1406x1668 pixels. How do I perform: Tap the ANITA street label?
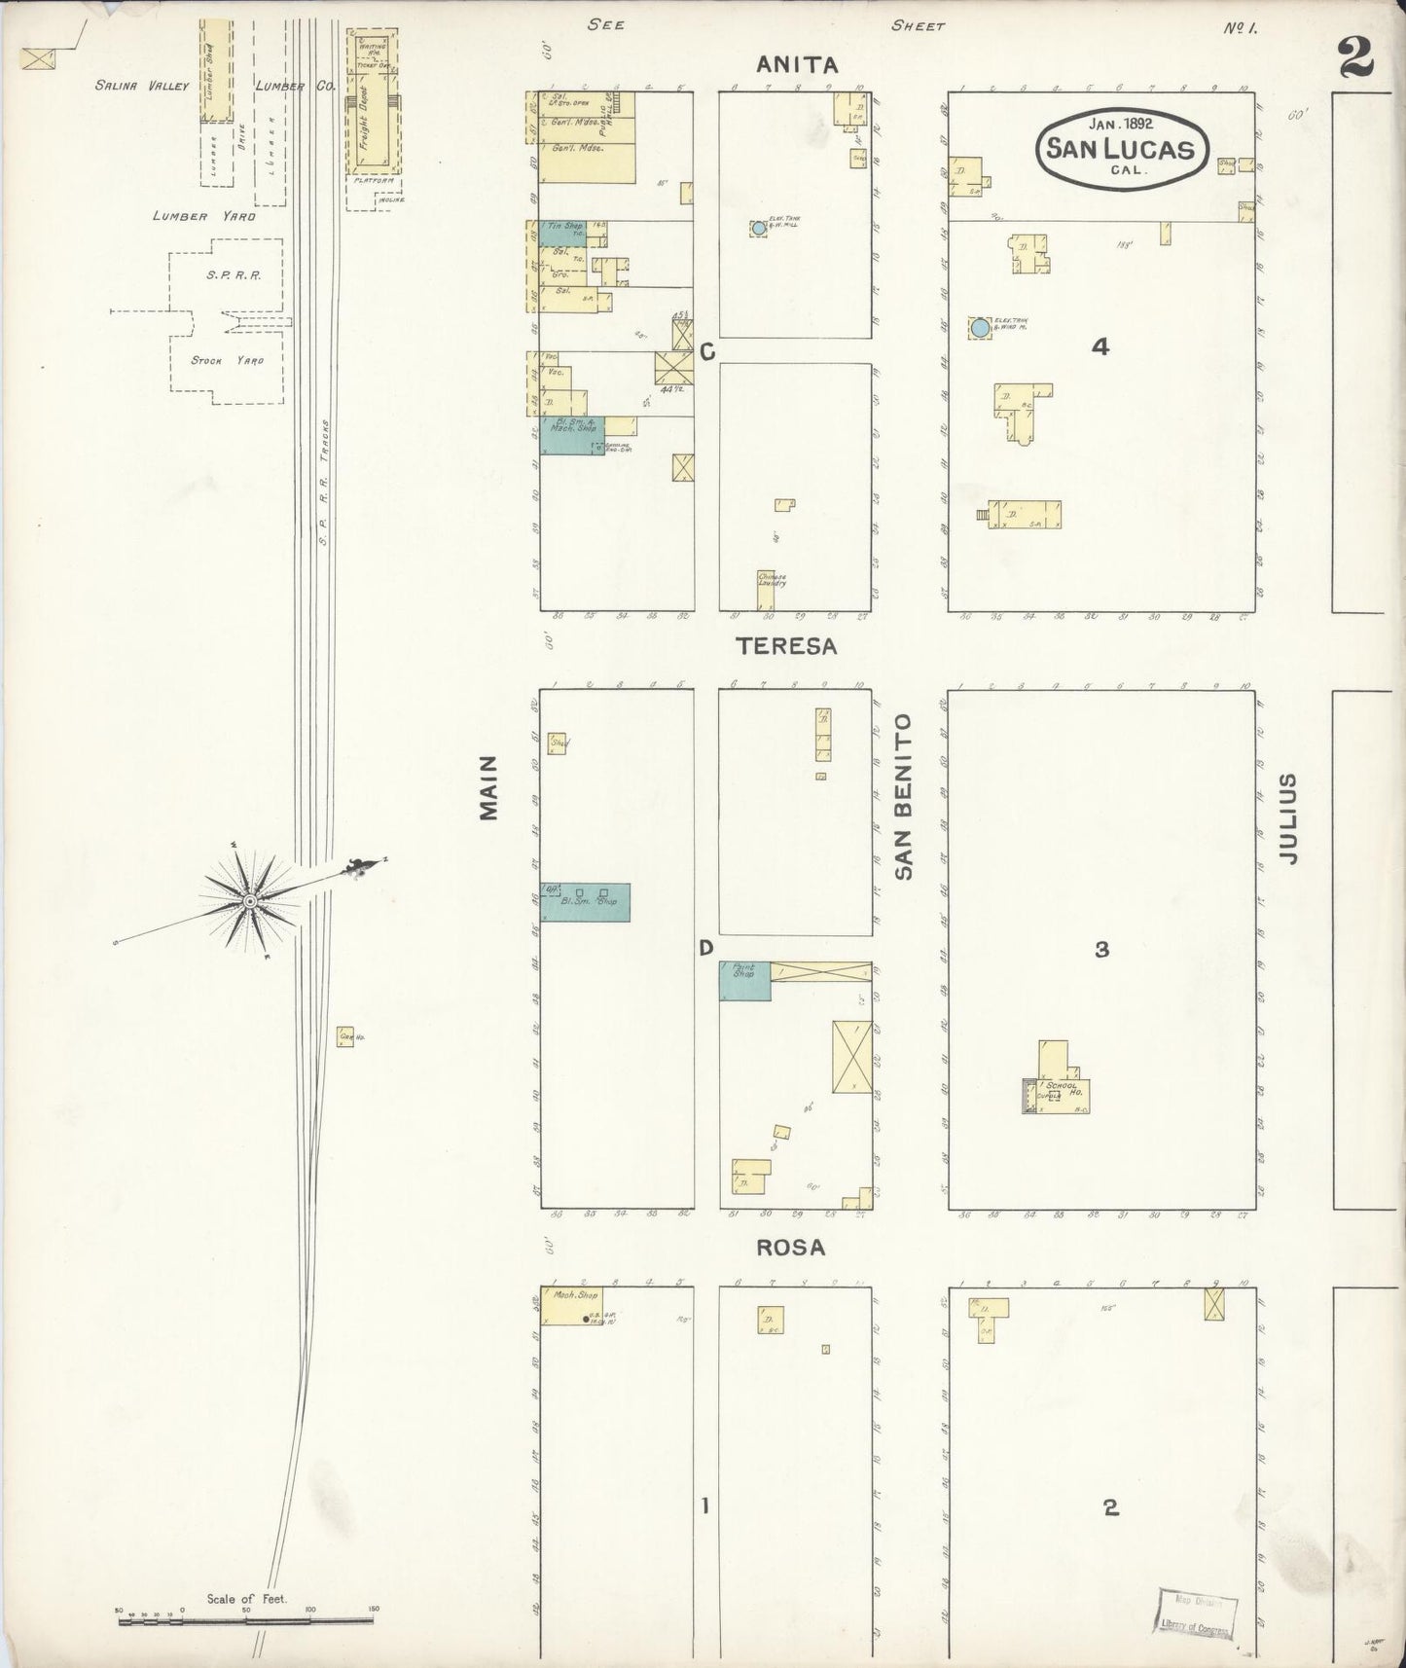797,65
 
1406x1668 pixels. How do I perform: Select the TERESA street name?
786,645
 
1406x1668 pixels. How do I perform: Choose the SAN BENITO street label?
904,797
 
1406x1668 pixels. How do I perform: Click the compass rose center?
250,902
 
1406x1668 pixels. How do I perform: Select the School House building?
1058,1084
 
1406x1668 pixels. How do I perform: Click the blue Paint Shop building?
744,981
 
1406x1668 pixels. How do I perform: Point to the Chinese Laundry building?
772,590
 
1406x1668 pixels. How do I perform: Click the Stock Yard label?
227,360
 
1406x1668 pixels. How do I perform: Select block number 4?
1100,346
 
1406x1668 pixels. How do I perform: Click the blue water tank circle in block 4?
980,328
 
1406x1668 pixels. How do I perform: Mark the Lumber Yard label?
203,216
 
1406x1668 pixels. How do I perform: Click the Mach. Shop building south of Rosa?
571,1305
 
